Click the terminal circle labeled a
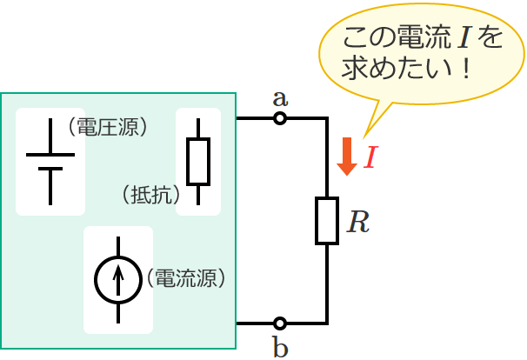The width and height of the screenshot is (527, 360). tap(280, 118)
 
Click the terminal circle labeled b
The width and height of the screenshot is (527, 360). tap(280, 323)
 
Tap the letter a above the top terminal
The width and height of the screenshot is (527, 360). tap(280, 97)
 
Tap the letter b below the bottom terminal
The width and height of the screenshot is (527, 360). tap(280, 348)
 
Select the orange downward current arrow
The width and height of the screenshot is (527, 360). tap(347, 156)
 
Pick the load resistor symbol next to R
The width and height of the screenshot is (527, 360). tap(326, 221)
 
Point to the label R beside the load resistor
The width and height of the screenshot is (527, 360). tap(357, 223)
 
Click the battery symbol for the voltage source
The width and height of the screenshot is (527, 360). tap(50, 162)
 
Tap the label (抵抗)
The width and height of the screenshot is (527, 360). tap(149, 194)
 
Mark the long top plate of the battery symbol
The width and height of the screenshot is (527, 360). tap(50, 154)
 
